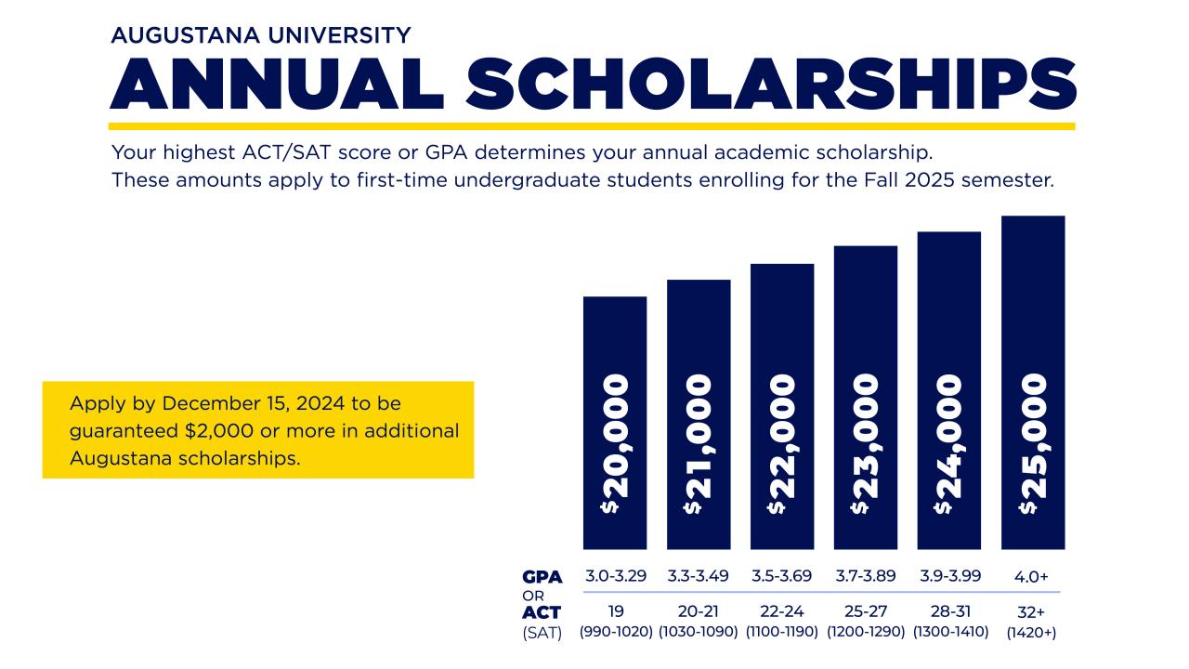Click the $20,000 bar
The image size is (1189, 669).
[615, 423]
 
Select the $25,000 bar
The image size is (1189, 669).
[1033, 382]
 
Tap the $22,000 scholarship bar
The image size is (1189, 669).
[782, 406]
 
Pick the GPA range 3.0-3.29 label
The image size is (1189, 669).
[615, 576]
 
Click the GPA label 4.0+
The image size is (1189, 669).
[1032, 577]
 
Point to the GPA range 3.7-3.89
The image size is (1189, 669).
[866, 576]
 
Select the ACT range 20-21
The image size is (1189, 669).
[699, 612]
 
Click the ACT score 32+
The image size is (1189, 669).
[1032, 612]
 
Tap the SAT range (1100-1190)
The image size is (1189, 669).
[782, 633]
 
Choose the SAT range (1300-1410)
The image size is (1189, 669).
[949, 633]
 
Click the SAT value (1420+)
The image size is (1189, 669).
[1032, 633]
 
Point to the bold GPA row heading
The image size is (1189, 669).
[542, 577]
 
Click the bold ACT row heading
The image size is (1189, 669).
[542, 613]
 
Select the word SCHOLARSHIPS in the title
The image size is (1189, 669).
[771, 84]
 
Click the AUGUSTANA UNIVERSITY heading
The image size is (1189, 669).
[260, 35]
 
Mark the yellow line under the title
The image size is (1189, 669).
[592, 125]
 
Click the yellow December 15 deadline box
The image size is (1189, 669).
[258, 430]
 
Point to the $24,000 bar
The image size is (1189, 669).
[949, 390]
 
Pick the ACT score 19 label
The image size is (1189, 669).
[615, 612]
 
